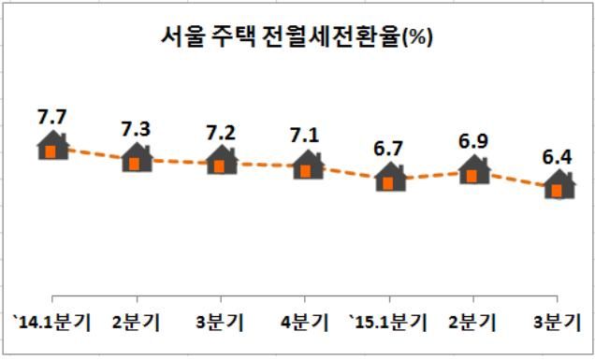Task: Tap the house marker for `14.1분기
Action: (x=52, y=147)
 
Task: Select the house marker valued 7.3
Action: (x=137, y=159)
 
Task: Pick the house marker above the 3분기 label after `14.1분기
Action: (x=221, y=162)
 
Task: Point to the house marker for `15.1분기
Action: (x=389, y=178)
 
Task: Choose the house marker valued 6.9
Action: (x=473, y=171)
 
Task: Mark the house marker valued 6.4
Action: (x=559, y=186)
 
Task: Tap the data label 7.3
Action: (x=137, y=129)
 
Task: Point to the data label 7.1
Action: (x=306, y=137)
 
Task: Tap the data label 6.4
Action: (x=559, y=156)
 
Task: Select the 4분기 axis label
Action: (x=306, y=324)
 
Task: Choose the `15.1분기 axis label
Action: (x=387, y=324)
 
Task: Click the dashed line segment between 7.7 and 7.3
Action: (x=94, y=153)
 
